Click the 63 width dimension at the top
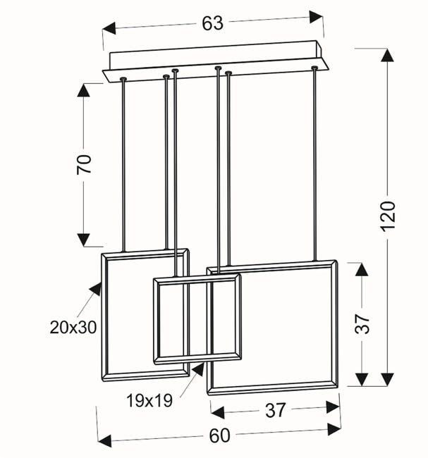pos(212,23)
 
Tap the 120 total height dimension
pos(389,216)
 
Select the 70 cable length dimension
pos(84,164)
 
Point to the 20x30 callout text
pos(73,327)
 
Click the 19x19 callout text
pos(149,400)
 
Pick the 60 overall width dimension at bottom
pos(219,435)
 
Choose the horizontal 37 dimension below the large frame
pos(276,410)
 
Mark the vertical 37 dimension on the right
pos(362,324)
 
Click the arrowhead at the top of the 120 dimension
pos(387,55)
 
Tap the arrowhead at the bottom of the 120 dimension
pos(388,379)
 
